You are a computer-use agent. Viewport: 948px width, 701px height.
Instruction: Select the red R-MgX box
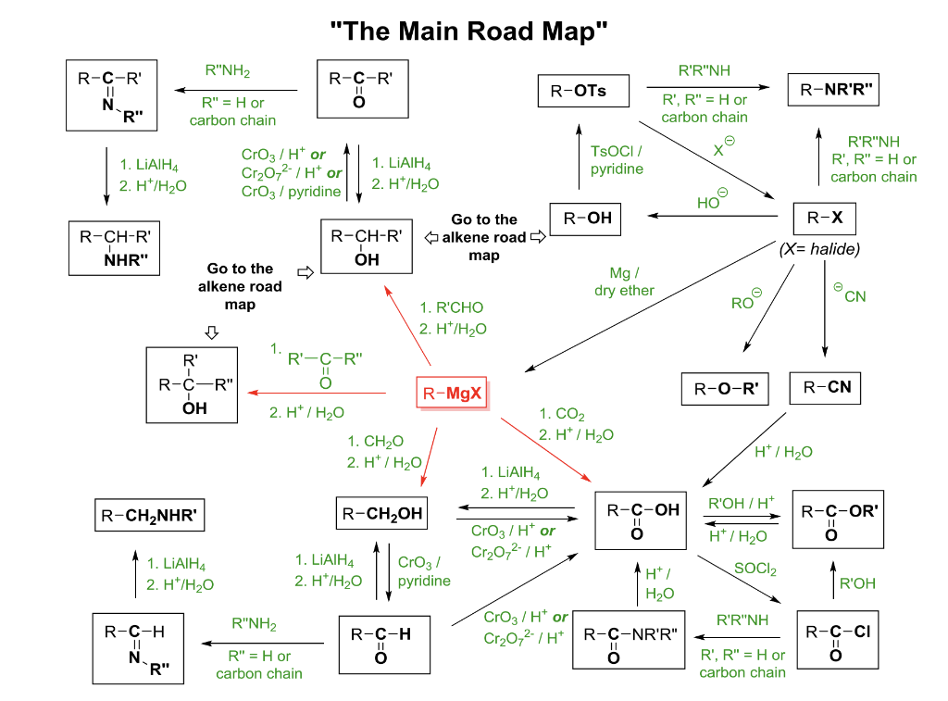[450, 394]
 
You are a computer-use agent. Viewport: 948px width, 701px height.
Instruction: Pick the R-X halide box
[825, 219]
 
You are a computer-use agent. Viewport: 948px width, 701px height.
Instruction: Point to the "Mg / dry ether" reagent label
[624, 282]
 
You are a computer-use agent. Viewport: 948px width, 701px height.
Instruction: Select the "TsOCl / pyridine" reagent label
[617, 159]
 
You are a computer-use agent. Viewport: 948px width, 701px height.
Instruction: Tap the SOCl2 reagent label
[755, 569]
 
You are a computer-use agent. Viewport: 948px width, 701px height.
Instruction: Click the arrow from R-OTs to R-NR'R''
[708, 88]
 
